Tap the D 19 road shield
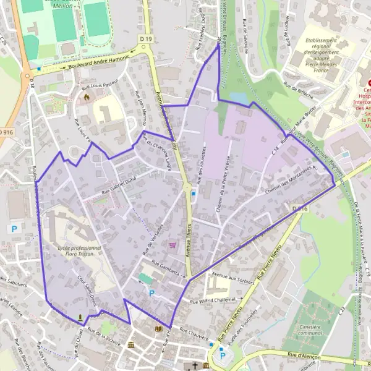coord(146,40)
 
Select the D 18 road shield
coord(32,80)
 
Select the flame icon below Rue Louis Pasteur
coord(87,97)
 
